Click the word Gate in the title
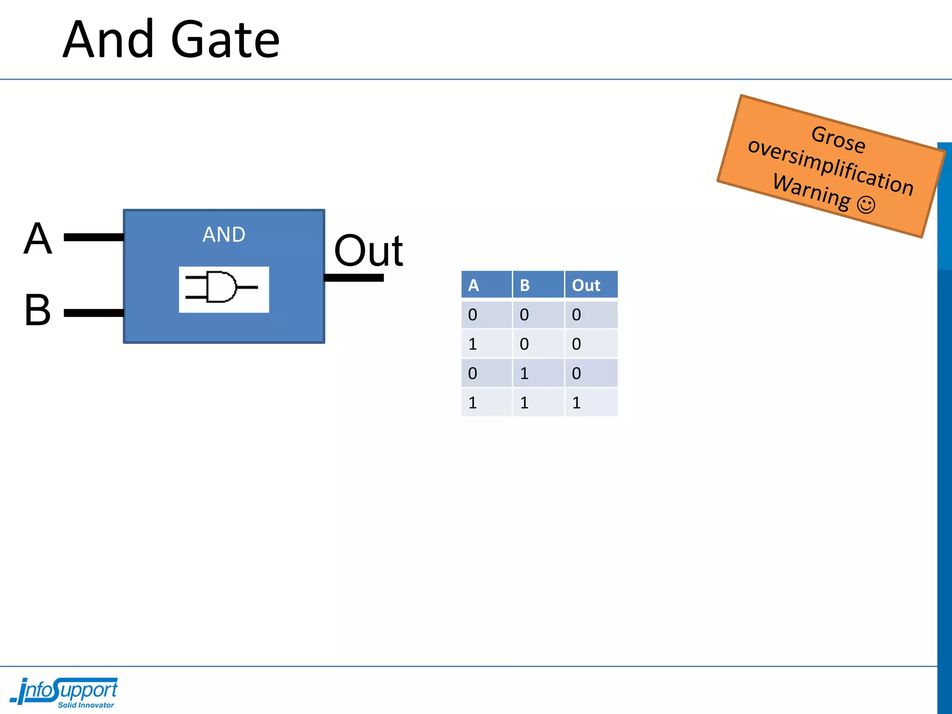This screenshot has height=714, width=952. click(x=225, y=41)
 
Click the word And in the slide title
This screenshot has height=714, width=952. click(x=108, y=40)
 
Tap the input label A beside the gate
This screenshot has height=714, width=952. click(x=38, y=238)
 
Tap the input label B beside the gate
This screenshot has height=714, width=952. click(x=37, y=310)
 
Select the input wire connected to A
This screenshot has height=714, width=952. click(x=93, y=238)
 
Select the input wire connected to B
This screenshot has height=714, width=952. click(x=93, y=313)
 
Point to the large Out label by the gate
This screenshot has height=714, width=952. click(x=368, y=251)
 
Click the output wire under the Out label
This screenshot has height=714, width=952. click(x=354, y=278)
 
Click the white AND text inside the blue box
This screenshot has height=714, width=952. click(x=224, y=235)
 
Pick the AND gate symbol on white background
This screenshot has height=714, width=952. click(x=224, y=289)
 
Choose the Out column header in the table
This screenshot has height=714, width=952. click(x=586, y=285)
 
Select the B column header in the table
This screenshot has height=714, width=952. click(x=525, y=285)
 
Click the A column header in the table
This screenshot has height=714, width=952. click(x=473, y=285)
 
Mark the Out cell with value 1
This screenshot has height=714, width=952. click(x=577, y=403)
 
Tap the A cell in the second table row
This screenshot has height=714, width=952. click(x=473, y=344)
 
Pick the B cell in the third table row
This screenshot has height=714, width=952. click(x=524, y=373)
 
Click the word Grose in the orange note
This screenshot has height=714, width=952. click(x=838, y=139)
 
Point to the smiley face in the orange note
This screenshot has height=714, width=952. click(x=866, y=205)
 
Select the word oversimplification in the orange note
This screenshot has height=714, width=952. click(x=831, y=166)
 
